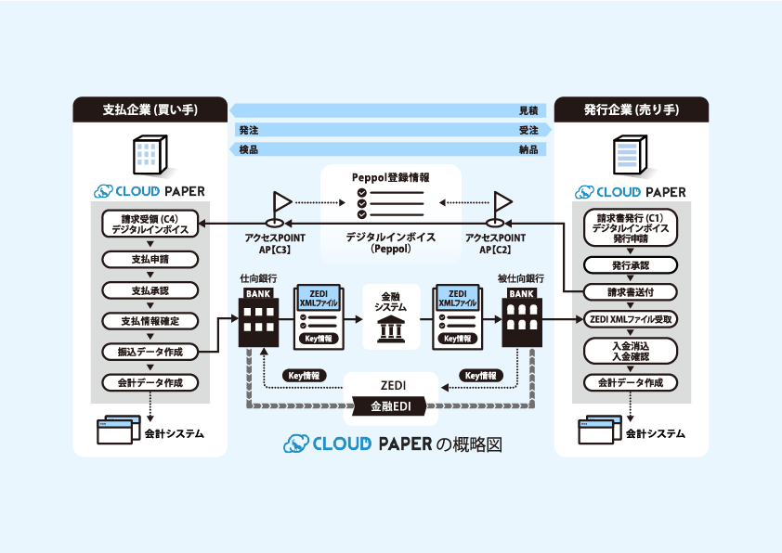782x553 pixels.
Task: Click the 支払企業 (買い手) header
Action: (150, 109)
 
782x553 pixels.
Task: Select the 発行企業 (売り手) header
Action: (632, 109)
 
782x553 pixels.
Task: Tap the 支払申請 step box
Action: (150, 260)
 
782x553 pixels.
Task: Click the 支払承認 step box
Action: (150, 290)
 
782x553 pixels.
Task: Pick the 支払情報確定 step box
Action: (150, 321)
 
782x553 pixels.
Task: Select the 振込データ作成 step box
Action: (150, 352)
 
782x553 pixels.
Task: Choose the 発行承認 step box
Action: (631, 265)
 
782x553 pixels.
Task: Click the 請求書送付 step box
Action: (631, 291)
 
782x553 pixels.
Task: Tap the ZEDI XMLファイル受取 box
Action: (631, 319)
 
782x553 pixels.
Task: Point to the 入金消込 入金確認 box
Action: (631, 350)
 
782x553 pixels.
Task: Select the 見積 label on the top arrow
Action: (528, 110)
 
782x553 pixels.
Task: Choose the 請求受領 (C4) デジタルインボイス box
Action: (150, 225)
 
